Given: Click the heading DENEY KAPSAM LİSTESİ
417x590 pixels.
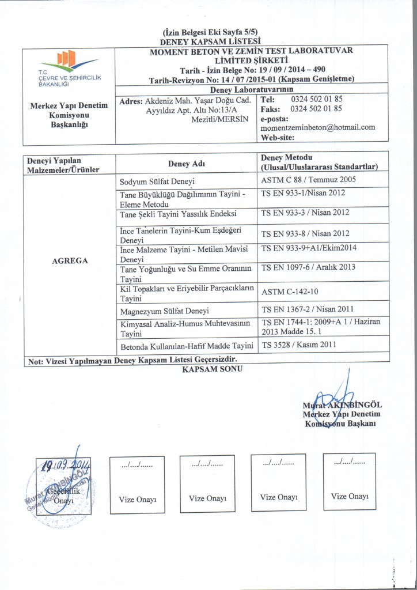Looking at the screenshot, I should (x=208, y=41).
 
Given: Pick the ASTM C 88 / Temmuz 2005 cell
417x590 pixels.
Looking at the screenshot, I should (x=309, y=179).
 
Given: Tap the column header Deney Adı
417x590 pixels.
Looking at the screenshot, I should (x=186, y=164).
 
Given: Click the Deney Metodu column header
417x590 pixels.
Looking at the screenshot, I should (x=286, y=158).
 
